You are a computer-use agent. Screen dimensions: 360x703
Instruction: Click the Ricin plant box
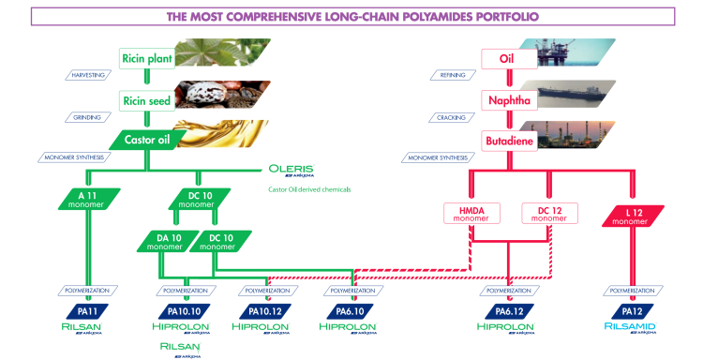tap(147, 59)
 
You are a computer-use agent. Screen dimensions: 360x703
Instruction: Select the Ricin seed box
tap(147, 99)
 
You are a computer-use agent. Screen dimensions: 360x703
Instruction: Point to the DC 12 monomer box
tap(548, 215)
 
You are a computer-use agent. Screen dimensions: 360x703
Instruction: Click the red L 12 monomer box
tap(635, 215)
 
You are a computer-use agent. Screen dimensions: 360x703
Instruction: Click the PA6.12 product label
tap(508, 309)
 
